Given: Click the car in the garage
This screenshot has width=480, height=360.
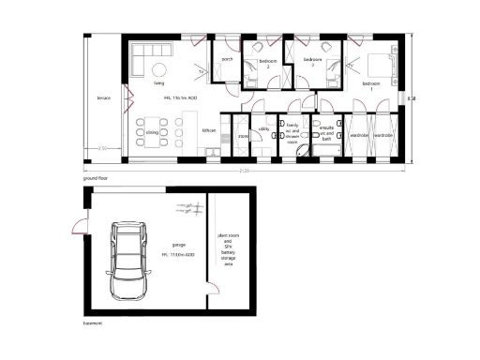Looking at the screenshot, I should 129,260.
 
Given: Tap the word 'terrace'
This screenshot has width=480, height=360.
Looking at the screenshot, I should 104,97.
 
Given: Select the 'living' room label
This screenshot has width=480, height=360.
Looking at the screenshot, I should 159,83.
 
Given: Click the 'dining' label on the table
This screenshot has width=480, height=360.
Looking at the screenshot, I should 151,133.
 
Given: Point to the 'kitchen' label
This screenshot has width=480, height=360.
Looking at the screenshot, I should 210,130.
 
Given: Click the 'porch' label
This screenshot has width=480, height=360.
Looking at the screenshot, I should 227,59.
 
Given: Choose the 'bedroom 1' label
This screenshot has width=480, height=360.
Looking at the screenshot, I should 372,83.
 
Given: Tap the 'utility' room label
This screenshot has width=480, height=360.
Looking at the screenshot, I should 264,128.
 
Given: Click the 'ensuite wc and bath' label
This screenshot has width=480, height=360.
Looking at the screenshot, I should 326,132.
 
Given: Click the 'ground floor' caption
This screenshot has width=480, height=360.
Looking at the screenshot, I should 97,176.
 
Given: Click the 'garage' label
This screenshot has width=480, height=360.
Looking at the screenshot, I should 178,244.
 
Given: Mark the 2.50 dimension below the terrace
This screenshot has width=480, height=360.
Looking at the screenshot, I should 103,150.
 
